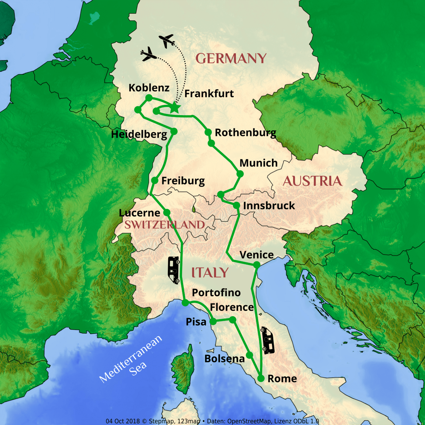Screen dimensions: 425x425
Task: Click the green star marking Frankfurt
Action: (x=174, y=107)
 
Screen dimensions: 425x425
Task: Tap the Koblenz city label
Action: (x=149, y=87)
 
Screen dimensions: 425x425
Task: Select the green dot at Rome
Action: (x=261, y=379)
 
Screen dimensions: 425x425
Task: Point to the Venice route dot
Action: (x=257, y=265)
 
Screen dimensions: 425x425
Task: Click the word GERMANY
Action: (x=231, y=58)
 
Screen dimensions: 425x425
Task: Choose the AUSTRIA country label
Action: (x=312, y=181)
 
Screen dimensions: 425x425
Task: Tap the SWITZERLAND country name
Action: (x=165, y=225)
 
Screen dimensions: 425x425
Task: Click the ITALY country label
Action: (x=210, y=273)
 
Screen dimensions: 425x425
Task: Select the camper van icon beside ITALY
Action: (x=174, y=270)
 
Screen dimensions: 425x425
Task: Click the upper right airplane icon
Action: (x=167, y=41)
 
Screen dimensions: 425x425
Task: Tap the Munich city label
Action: (x=259, y=163)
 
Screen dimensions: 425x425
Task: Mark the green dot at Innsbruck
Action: (x=237, y=205)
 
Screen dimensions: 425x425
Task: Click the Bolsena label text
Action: (x=225, y=359)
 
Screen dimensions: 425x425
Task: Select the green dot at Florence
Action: (x=233, y=320)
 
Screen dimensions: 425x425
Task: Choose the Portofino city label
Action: (x=216, y=293)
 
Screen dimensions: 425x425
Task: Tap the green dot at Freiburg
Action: (x=155, y=181)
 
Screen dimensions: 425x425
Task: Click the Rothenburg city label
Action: (x=245, y=133)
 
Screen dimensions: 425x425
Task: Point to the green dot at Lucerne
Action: (x=166, y=212)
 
